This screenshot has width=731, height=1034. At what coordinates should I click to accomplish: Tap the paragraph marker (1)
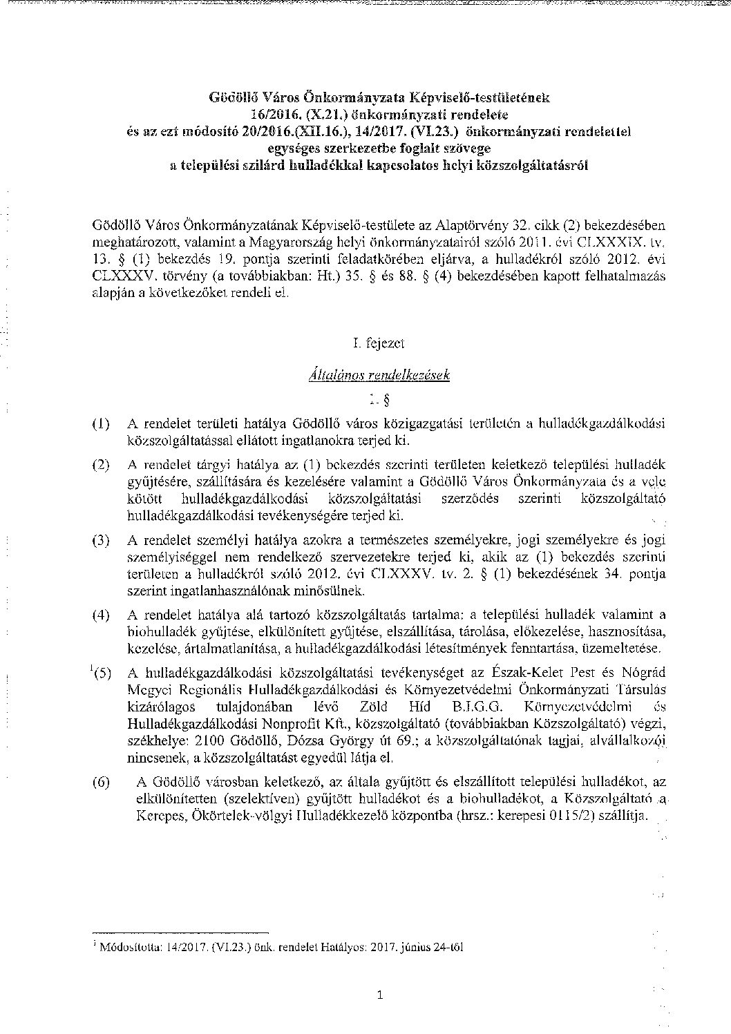pos(101,423)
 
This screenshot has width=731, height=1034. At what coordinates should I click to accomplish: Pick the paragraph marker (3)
pos(101,541)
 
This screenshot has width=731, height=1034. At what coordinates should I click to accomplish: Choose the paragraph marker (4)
pos(101,615)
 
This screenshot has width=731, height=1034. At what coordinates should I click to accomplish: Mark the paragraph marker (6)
pos(101,781)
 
